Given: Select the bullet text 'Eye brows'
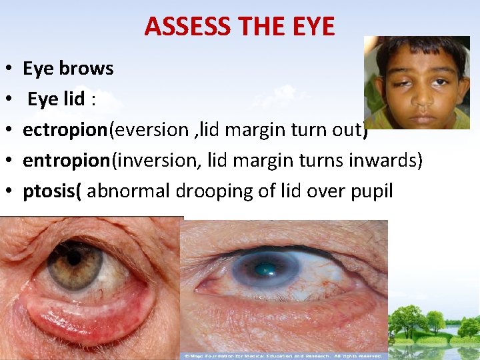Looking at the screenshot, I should (68, 69).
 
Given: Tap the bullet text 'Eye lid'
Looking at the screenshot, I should (56, 99).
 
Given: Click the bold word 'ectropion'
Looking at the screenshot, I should (65, 130).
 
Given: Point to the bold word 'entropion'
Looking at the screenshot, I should (65, 161).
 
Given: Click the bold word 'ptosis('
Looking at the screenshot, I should (52, 191).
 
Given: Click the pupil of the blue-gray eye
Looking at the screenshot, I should (266, 269).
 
